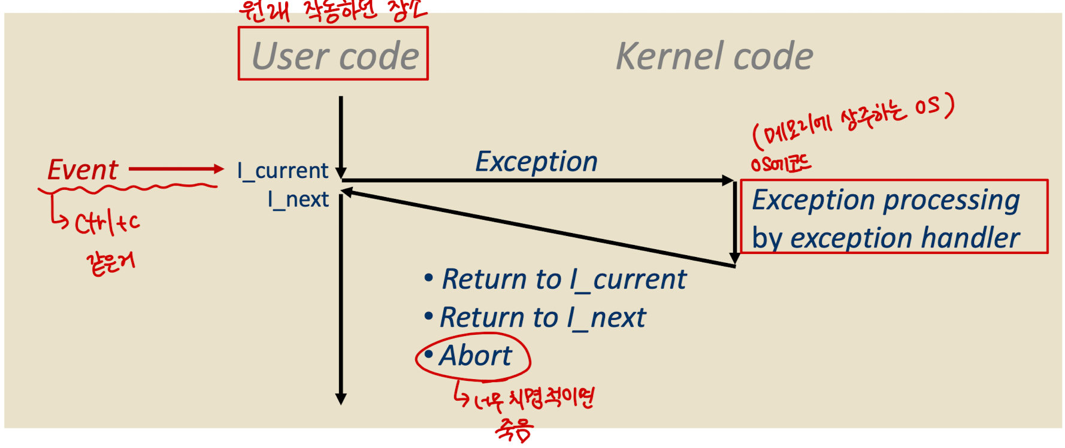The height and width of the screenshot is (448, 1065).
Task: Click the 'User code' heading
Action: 334,56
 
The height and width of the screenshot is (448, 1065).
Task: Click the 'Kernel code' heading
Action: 714,56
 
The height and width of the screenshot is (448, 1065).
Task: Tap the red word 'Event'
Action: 83,169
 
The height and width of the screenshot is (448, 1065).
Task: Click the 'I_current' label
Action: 283,171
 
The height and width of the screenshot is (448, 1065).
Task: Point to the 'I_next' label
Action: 298,199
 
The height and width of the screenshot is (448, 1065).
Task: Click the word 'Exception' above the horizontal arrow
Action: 536,161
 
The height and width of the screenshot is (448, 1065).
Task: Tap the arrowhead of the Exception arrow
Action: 728,180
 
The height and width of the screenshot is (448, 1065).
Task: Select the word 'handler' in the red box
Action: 970,238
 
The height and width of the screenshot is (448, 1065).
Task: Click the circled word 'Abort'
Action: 476,356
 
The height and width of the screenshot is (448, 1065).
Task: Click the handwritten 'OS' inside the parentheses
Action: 927,107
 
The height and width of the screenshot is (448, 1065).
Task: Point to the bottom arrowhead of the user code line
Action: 341,399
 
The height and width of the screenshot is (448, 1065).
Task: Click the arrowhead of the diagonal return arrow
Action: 346,192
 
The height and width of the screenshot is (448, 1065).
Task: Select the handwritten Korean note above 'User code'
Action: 332,11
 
